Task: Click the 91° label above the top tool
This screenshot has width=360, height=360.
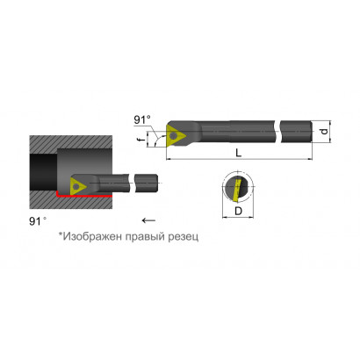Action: tap(142, 119)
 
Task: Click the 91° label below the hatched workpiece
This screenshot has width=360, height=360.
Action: tap(38, 221)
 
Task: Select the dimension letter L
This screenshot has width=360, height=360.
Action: tap(239, 153)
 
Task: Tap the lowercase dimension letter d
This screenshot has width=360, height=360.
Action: tap(324, 132)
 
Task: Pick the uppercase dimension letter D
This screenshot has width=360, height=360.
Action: tap(239, 211)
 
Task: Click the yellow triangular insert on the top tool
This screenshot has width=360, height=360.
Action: tap(175, 135)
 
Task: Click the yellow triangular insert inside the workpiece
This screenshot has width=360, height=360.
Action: tap(77, 186)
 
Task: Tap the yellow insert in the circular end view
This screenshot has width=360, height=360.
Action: tap(237, 190)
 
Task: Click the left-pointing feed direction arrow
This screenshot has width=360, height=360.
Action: tap(148, 220)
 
